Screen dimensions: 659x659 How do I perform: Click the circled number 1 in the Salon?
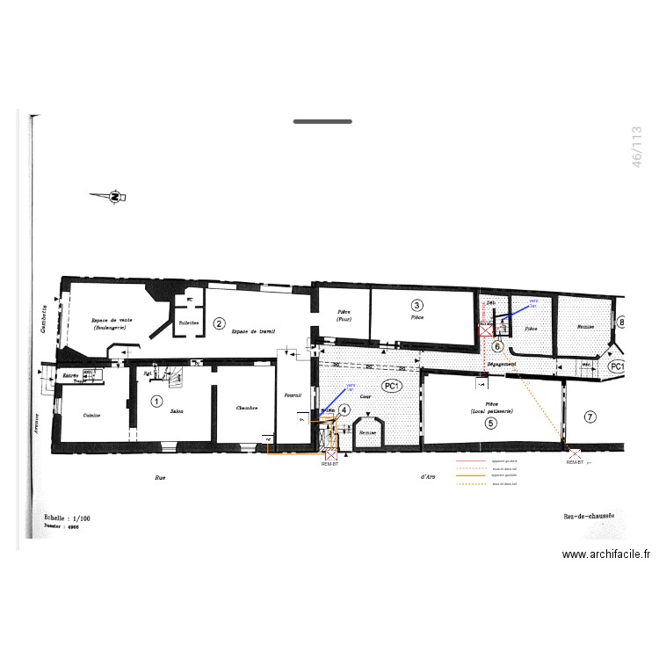pos(156,401)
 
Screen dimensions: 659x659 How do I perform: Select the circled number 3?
pos(416,305)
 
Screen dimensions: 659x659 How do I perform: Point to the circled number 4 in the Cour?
pos(344,409)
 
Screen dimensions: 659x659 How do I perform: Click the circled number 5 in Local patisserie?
pos(490,423)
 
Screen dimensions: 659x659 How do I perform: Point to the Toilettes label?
pos(189,323)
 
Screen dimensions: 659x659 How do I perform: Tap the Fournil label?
pos(293,395)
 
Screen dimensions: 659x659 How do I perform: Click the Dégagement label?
pos(500,364)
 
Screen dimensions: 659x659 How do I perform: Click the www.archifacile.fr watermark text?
pos(606,554)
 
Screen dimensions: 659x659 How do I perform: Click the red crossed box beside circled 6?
pos(484,331)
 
